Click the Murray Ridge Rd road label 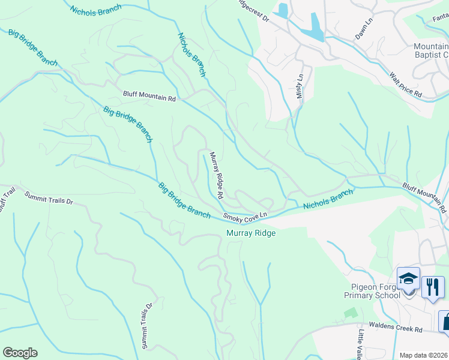(x=216, y=175)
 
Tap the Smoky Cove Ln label (x=244, y=215)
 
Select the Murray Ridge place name (x=250, y=233)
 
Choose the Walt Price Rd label (x=406, y=85)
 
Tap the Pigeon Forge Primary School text (x=372, y=291)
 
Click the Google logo (x=20, y=353)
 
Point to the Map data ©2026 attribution (x=424, y=355)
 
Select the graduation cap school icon (x=408, y=280)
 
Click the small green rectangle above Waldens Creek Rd (x=350, y=313)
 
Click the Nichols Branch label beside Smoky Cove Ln (x=328, y=200)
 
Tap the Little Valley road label (x=361, y=346)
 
